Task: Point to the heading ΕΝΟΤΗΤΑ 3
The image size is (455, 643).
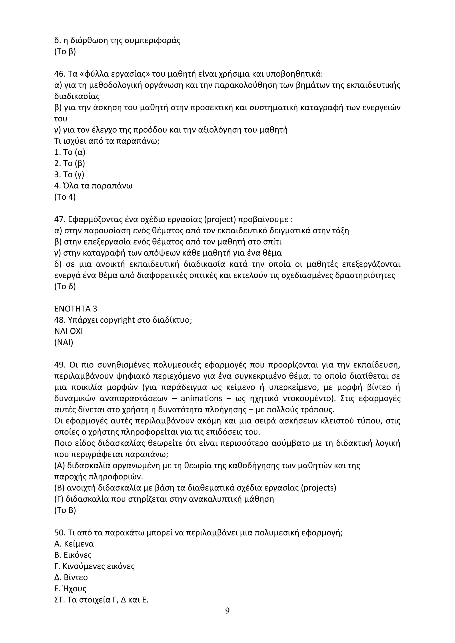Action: [x=76, y=309]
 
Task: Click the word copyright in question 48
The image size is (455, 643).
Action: [x=117, y=320]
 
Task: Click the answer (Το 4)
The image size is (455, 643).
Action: [x=65, y=197]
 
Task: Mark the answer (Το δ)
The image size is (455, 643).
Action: [x=65, y=286]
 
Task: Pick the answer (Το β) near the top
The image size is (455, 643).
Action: [x=65, y=52]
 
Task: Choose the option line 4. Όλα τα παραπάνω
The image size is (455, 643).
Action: [x=93, y=186]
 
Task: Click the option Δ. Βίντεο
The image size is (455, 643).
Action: [x=71, y=577]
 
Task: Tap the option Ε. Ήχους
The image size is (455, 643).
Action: [x=70, y=588]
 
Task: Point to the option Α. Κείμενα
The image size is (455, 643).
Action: [x=74, y=544]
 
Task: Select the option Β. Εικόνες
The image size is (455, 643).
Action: [x=73, y=555]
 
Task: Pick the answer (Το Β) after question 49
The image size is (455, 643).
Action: [x=65, y=510]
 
